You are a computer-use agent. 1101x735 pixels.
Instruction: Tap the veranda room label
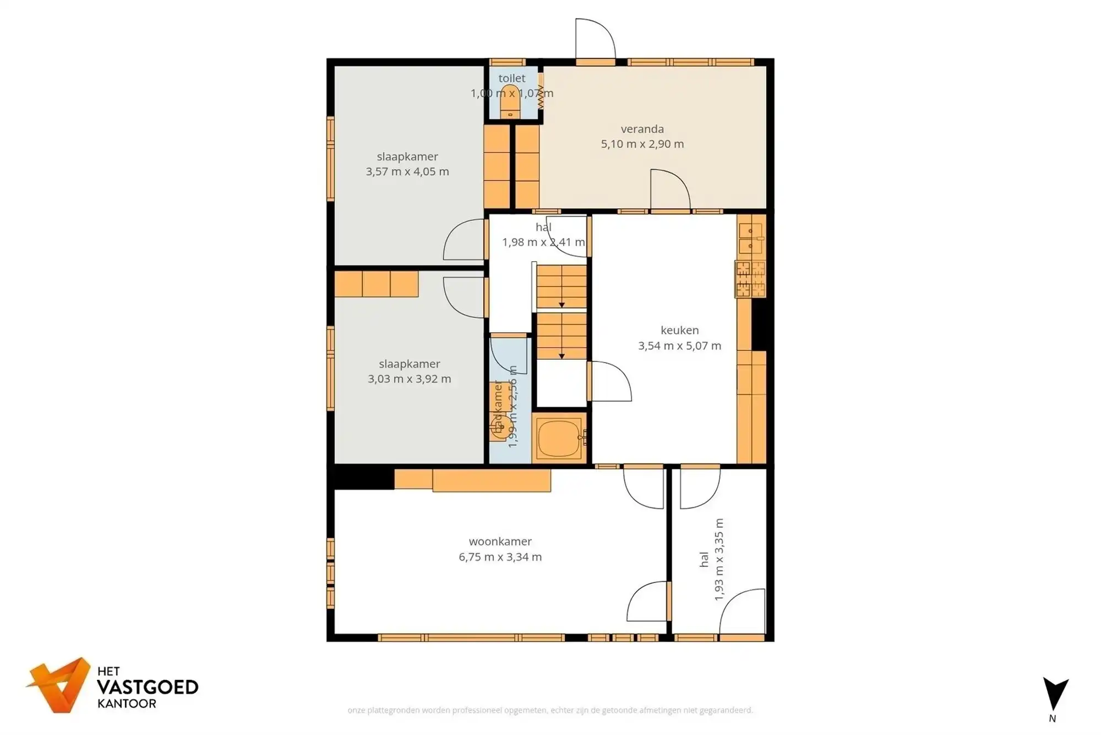[642, 129]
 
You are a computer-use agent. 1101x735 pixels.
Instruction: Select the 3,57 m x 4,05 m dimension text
[407, 171]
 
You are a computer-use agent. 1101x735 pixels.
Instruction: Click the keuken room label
[679, 330]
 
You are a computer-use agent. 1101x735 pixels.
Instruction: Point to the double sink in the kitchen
[751, 238]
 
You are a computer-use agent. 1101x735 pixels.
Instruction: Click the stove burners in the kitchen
[750, 279]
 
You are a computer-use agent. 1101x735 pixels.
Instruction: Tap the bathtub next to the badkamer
[558, 439]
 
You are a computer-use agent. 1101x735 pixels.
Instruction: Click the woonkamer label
[500, 542]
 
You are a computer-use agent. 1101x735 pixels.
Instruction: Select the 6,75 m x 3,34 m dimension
[500, 557]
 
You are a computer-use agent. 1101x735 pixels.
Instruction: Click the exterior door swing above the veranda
[595, 39]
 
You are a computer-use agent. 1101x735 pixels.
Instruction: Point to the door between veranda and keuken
[669, 190]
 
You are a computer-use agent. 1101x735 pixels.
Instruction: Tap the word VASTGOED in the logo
[147, 687]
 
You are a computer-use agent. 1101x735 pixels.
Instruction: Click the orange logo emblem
[59, 685]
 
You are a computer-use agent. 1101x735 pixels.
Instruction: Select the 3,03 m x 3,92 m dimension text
[409, 379]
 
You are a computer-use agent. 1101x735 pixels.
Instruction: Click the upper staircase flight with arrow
[561, 287]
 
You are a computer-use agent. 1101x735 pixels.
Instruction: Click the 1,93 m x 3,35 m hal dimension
[718, 559]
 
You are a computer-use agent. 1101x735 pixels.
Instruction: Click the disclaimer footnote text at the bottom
[550, 710]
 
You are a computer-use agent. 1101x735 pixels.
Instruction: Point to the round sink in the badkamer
[499, 425]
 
